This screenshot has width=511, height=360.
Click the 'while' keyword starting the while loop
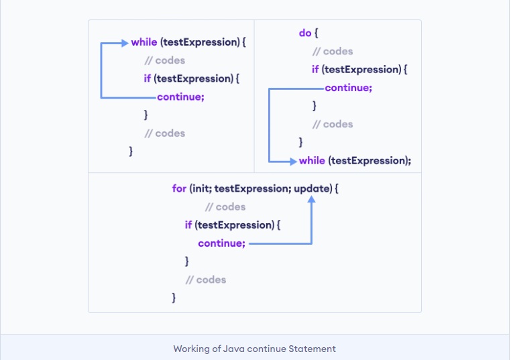(144, 42)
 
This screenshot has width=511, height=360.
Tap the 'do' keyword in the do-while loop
(304, 33)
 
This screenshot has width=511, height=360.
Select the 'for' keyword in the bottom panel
(179, 189)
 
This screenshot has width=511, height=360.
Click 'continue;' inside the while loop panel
(180, 97)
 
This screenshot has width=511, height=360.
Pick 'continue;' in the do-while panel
(348, 88)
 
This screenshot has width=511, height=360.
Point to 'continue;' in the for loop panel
(221, 243)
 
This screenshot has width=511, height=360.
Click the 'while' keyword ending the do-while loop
(312, 161)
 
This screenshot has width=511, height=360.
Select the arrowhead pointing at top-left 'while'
(124, 43)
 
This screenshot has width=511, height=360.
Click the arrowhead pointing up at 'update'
(313, 199)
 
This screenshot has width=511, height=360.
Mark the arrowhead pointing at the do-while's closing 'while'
(292, 161)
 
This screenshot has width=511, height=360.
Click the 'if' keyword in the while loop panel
(147, 78)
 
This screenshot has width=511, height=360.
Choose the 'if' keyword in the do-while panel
(315, 69)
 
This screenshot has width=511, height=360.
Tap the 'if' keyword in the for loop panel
(188, 225)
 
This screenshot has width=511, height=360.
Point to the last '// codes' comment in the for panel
(206, 280)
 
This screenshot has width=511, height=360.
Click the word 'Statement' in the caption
(314, 349)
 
